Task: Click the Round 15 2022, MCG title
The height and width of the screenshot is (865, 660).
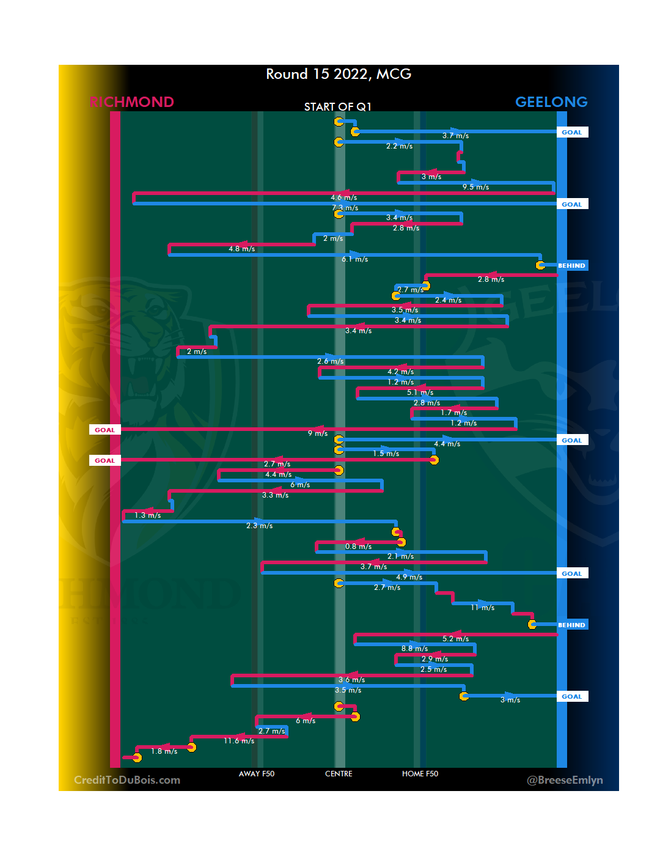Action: point(339,75)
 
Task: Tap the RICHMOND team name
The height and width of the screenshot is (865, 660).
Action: point(131,102)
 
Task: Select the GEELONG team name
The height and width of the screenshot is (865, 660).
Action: point(551,102)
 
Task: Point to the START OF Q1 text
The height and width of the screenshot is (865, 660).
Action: point(337,107)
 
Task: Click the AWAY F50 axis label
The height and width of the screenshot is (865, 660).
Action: point(257,774)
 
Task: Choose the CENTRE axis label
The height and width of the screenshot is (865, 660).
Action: point(339,774)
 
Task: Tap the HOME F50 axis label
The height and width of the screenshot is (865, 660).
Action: point(420,774)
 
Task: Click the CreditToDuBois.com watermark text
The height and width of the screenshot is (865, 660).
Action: point(127,780)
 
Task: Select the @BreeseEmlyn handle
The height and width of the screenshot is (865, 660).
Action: point(565,780)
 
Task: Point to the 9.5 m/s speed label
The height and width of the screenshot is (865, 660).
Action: point(475,187)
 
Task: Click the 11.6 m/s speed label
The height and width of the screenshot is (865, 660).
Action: point(239,741)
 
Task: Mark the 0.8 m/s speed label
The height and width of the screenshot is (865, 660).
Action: point(358,547)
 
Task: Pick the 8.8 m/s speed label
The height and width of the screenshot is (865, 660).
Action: point(414,649)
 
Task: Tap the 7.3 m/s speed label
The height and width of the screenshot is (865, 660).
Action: point(345,208)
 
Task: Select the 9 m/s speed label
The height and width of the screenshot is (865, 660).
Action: point(317,433)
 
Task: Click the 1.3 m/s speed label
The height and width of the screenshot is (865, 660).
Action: point(148,515)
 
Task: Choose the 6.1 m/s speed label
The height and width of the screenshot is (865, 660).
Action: point(354,259)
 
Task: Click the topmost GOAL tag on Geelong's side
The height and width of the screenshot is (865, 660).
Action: point(572,133)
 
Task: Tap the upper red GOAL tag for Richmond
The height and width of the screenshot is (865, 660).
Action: point(105,430)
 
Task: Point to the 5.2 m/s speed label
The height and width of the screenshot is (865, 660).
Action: point(455,639)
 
